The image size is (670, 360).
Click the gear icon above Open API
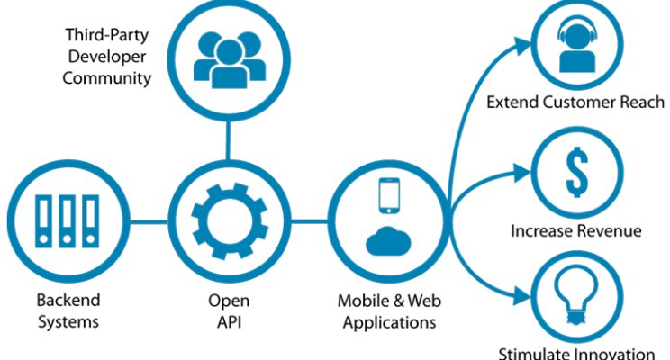(x=230, y=220)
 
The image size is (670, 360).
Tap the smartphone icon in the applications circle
(x=389, y=195)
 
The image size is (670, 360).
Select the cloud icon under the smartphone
(x=388, y=241)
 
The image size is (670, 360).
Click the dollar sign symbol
(x=577, y=172)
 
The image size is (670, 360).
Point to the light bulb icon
(x=576, y=294)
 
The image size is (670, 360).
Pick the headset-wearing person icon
(x=577, y=47)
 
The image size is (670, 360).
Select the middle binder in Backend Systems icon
(x=67, y=221)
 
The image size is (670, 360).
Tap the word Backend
(x=68, y=300)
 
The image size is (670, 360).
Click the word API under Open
(x=229, y=321)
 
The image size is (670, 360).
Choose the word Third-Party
(x=107, y=35)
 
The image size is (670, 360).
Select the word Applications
(x=389, y=322)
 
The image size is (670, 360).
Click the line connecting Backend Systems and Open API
(x=149, y=221)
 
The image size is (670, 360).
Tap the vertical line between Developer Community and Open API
(x=228, y=140)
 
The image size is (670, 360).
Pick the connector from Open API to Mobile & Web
(x=310, y=221)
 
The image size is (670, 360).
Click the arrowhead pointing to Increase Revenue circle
(x=522, y=173)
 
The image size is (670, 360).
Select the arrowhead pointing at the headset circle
(x=522, y=46)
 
